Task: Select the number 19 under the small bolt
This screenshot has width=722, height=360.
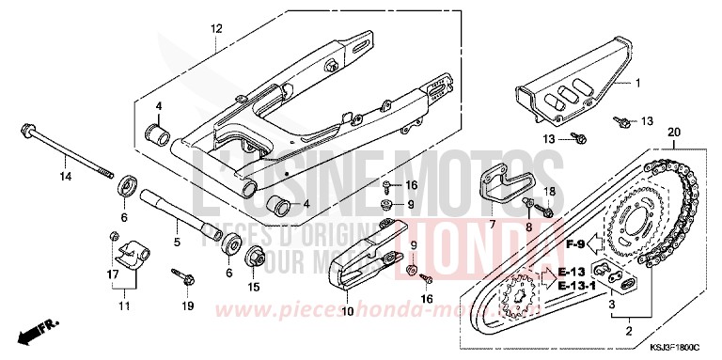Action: click(186, 306)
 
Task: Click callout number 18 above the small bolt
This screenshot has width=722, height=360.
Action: click(551, 192)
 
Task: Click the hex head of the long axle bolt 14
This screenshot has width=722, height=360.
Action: click(25, 130)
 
